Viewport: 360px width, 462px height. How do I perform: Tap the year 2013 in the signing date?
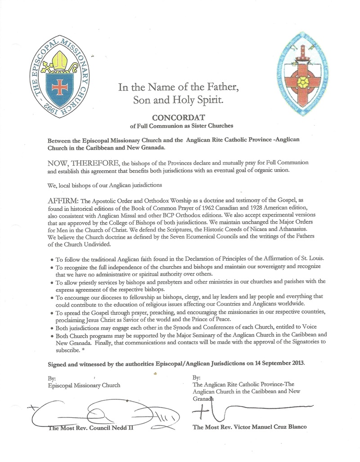295,362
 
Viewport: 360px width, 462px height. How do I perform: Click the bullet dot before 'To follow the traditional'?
50,260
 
